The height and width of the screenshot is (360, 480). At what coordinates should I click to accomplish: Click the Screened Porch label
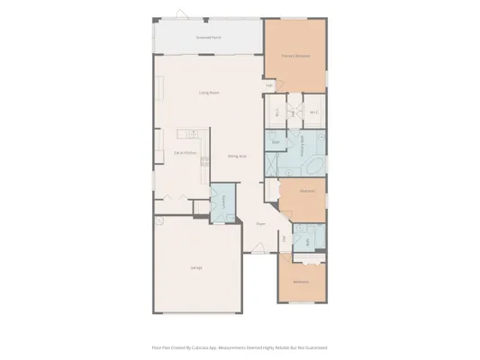tap(210, 39)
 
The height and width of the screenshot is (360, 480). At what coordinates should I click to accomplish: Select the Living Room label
tap(210, 93)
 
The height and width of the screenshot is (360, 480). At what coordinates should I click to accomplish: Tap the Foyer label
tap(260, 223)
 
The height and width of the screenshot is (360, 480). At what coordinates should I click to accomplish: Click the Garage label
tap(195, 267)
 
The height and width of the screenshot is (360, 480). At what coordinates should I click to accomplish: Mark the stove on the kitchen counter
tap(204, 163)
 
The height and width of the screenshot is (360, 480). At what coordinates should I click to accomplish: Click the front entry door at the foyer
tap(256, 251)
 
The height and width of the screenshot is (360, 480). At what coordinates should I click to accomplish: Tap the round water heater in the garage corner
tap(159, 220)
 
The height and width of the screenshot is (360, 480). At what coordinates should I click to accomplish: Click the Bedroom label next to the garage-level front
tap(301, 282)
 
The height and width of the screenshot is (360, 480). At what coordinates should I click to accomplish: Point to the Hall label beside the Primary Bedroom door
tap(268, 86)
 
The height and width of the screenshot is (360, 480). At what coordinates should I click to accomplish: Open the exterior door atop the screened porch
tap(181, 16)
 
